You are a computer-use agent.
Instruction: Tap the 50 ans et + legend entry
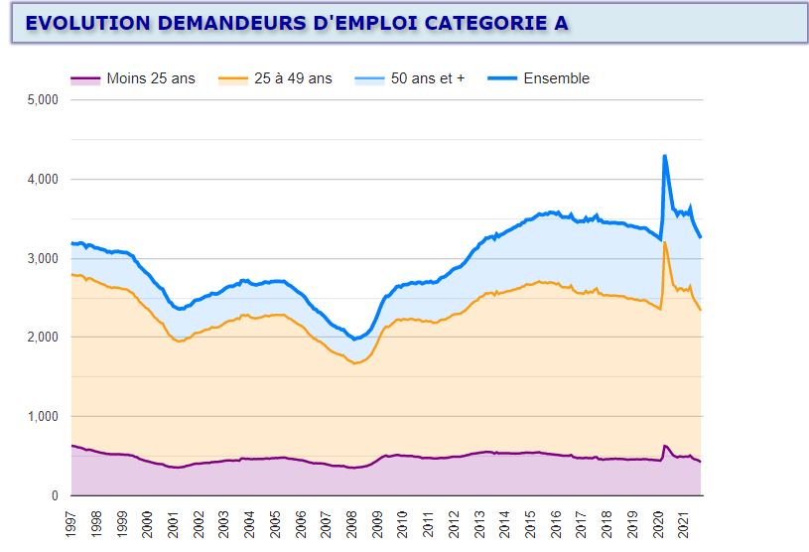[428, 78]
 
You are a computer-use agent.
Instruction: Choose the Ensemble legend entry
[556, 78]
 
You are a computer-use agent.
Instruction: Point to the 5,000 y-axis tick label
[44, 100]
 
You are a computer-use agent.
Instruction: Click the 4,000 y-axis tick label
[44, 180]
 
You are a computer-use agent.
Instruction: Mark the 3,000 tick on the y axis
[44, 258]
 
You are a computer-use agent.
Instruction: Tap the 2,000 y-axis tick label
[44, 338]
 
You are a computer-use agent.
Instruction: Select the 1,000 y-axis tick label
[44, 417]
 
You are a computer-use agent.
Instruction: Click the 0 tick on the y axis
[55, 495]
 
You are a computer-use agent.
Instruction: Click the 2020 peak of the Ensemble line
[664, 156]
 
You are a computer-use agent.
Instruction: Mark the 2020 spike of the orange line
[665, 242]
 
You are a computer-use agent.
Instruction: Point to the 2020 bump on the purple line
[665, 446]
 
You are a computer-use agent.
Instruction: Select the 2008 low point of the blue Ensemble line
[354, 340]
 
